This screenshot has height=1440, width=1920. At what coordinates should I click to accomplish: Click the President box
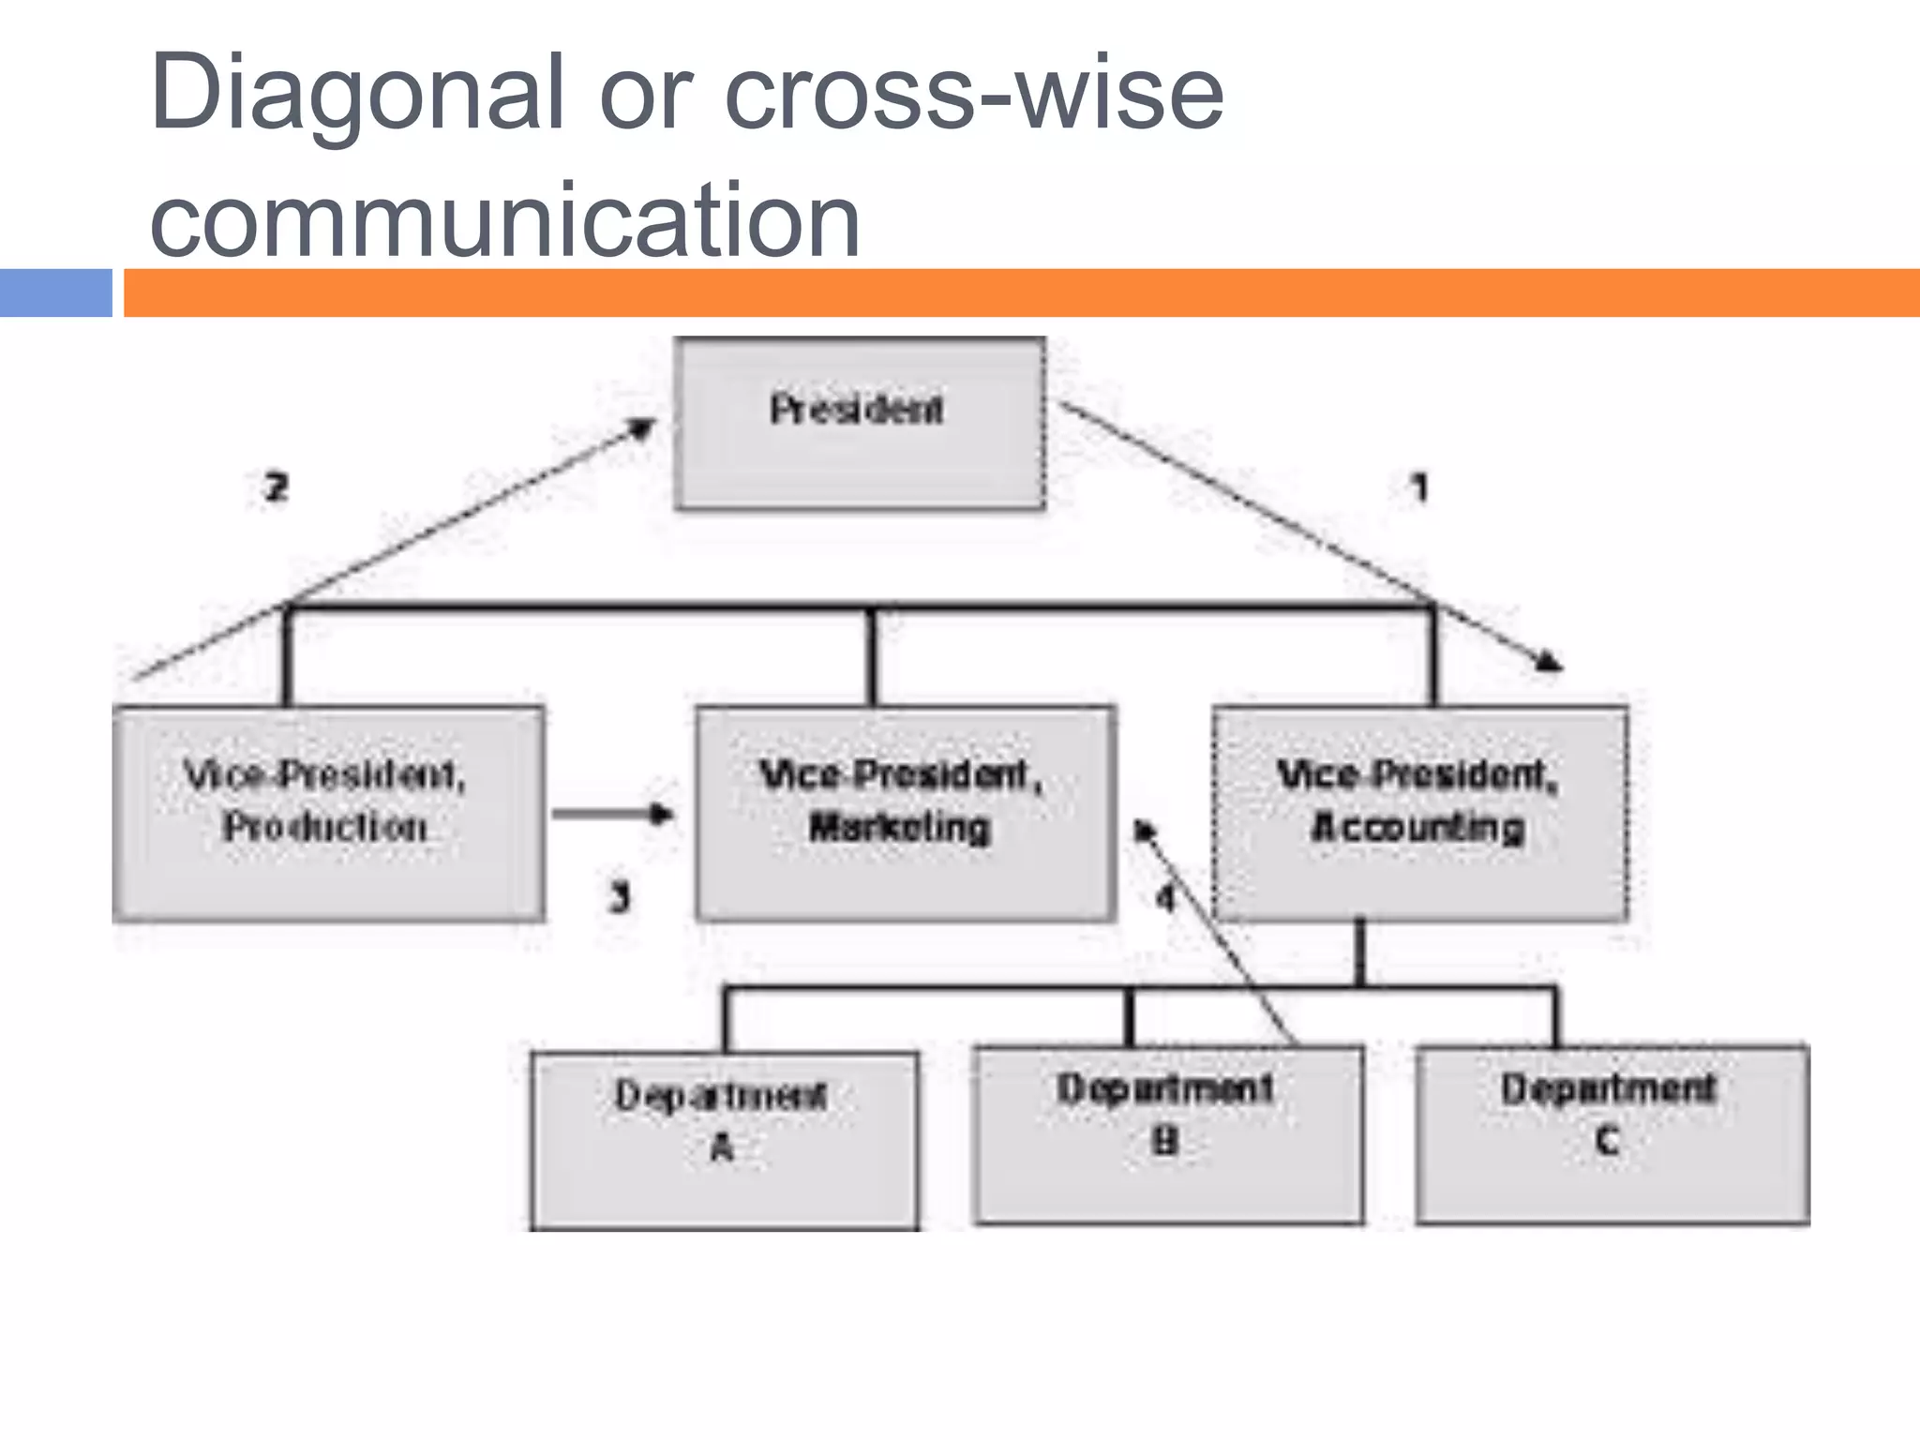[x=859, y=424]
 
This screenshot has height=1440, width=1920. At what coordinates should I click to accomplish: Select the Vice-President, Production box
[x=328, y=814]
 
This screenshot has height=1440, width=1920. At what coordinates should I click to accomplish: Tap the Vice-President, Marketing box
[x=905, y=814]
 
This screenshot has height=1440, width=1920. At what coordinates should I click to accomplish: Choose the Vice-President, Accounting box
[x=1419, y=814]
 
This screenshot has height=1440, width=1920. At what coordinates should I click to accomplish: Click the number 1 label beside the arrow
[x=1419, y=487]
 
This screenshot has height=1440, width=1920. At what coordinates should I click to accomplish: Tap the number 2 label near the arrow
[x=276, y=487]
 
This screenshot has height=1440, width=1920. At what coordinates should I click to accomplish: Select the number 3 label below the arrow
[x=620, y=897]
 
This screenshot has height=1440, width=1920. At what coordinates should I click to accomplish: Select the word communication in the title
[x=504, y=220]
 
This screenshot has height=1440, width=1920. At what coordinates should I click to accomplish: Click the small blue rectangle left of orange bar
[x=55, y=292]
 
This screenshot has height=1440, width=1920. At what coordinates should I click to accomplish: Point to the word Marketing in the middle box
[x=900, y=828]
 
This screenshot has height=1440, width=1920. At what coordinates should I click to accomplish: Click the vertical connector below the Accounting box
[x=1360, y=952]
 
